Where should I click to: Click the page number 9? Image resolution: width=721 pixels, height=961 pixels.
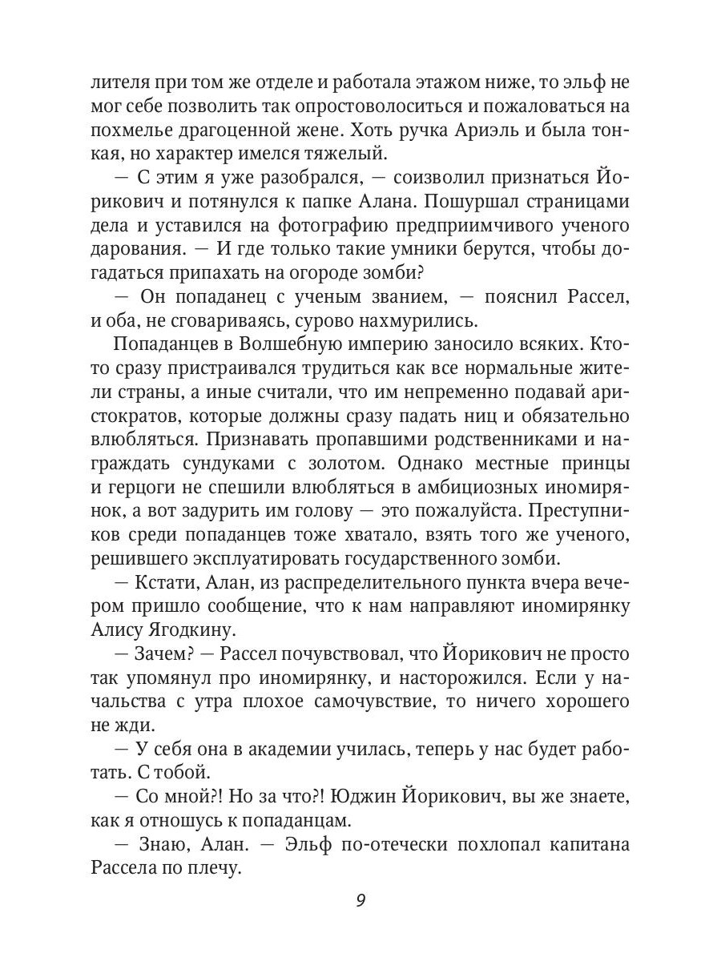(x=360, y=899)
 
